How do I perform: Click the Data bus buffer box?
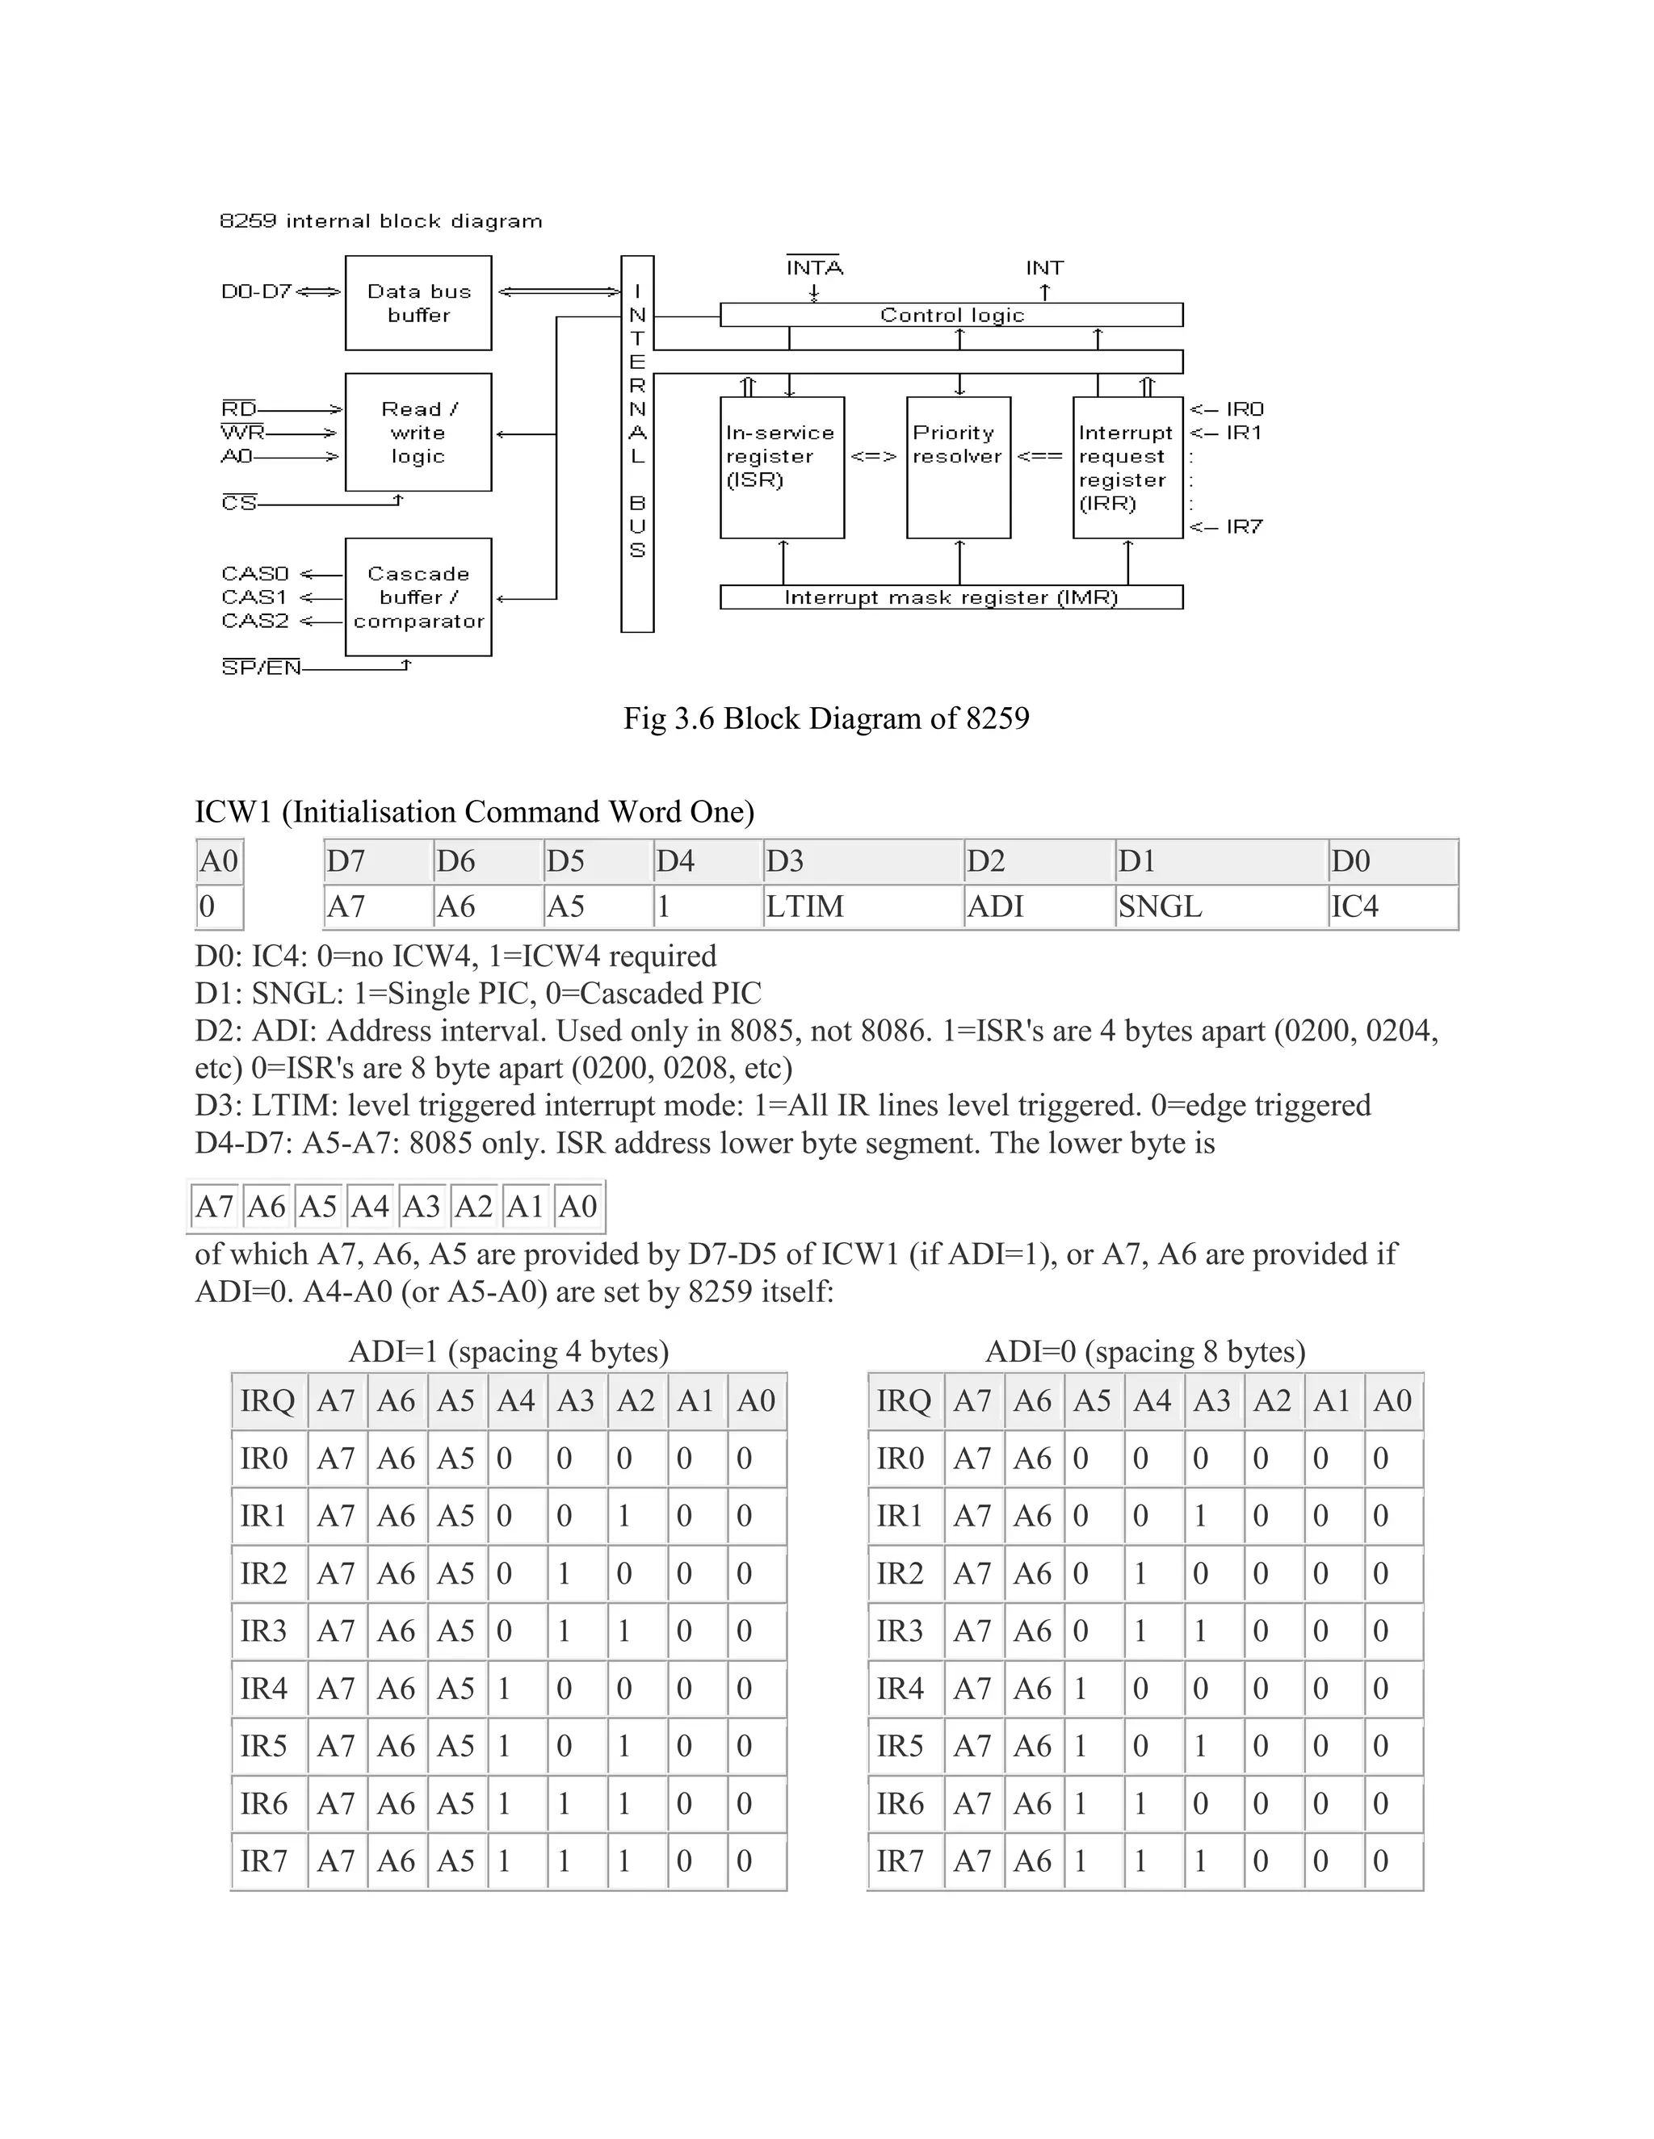[x=418, y=303]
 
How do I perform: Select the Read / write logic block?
[x=418, y=432]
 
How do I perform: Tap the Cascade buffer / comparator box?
[x=418, y=596]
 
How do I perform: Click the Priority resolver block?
[x=959, y=467]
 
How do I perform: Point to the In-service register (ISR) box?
[x=782, y=467]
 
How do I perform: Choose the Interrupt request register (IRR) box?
[x=1127, y=467]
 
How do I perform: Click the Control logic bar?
[x=951, y=314]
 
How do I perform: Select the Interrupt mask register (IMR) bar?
[x=951, y=597]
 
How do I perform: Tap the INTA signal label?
[x=814, y=267]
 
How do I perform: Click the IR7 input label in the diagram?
[x=1245, y=527]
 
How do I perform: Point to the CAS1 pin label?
[x=254, y=596]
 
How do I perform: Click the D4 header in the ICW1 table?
[x=675, y=861]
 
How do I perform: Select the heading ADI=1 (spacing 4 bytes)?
[x=509, y=1351]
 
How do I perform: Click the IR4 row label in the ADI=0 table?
[x=900, y=1689]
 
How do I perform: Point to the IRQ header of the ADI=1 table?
[x=267, y=1400]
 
